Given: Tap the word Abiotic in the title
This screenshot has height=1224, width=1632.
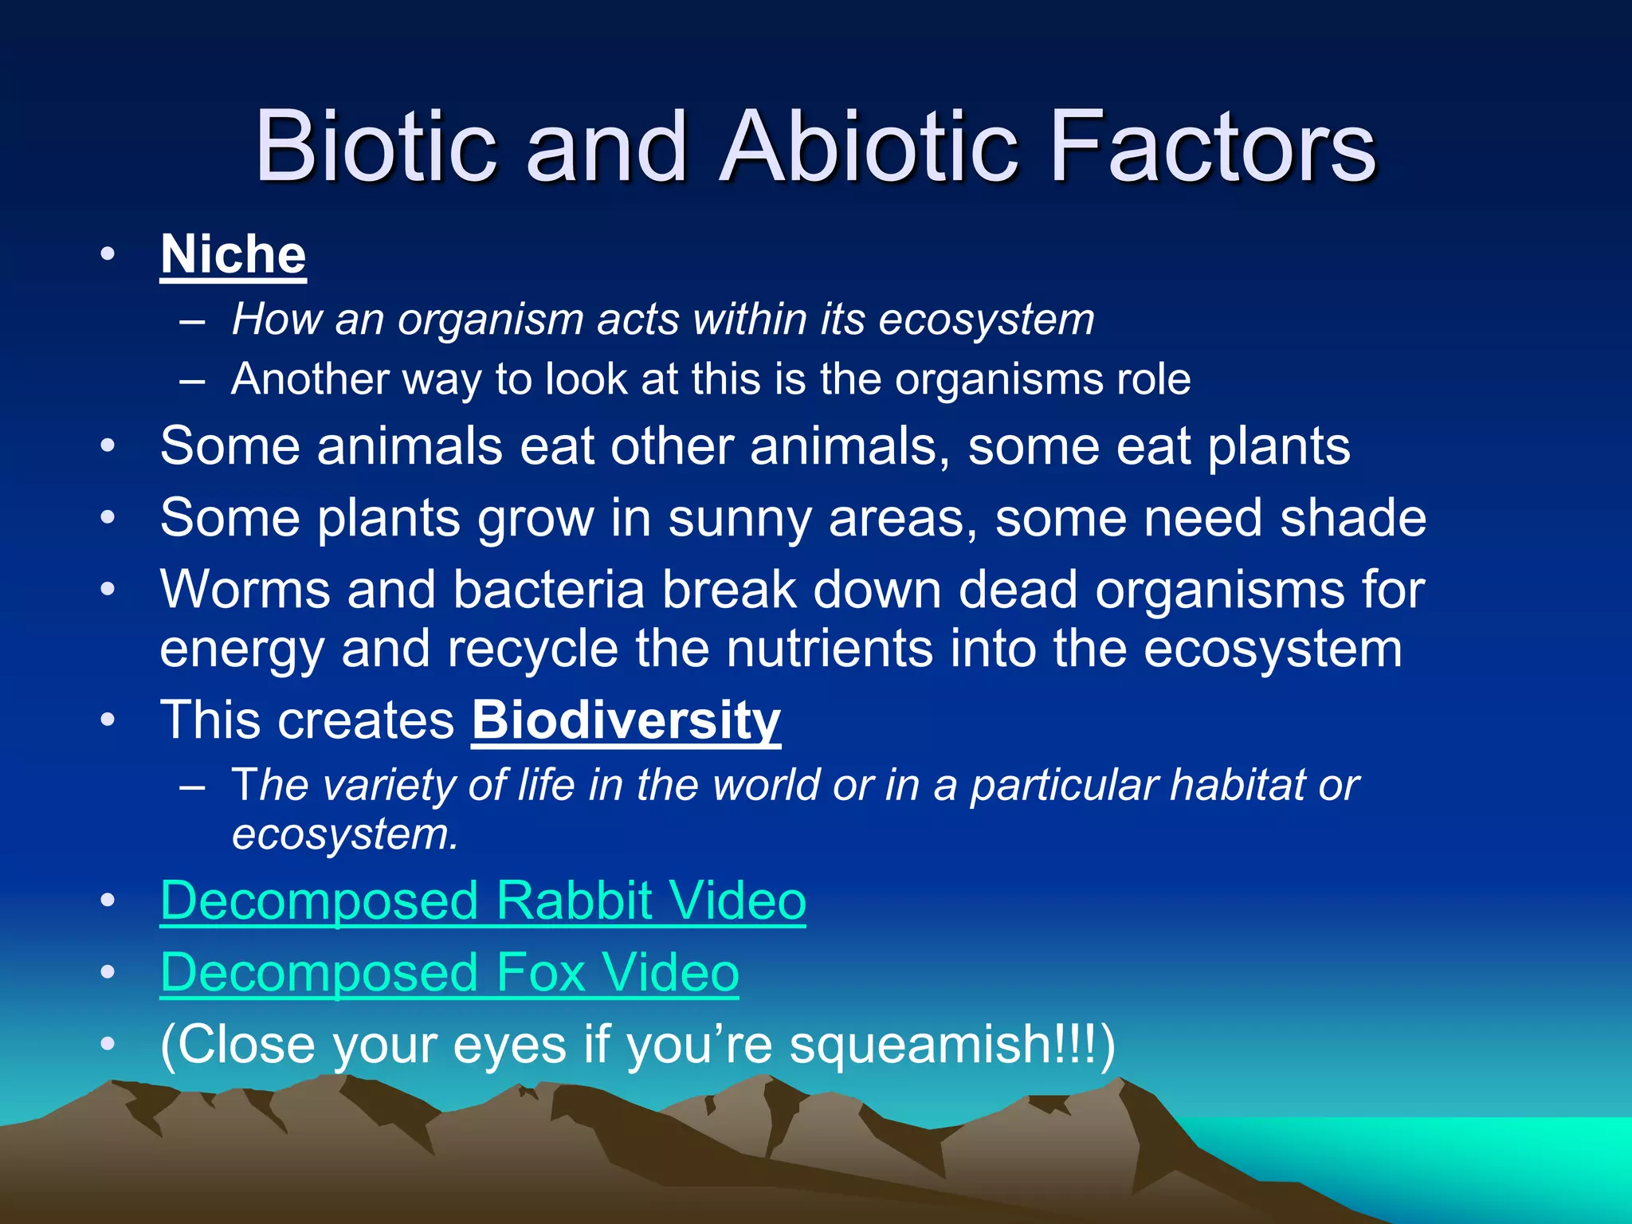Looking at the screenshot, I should pyautogui.click(x=869, y=147).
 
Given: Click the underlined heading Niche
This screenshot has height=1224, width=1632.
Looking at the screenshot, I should pyautogui.click(x=233, y=255).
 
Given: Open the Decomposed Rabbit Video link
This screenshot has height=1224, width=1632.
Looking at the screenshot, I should pyautogui.click(x=483, y=901).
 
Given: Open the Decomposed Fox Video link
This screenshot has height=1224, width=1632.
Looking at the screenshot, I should pyautogui.click(x=449, y=973).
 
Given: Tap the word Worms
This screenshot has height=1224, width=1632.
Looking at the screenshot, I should pyautogui.click(x=245, y=590).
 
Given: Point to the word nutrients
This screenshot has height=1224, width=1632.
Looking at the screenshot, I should pyautogui.click(x=829, y=649).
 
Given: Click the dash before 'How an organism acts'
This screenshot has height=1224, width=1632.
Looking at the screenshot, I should pyautogui.click(x=192, y=321).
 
